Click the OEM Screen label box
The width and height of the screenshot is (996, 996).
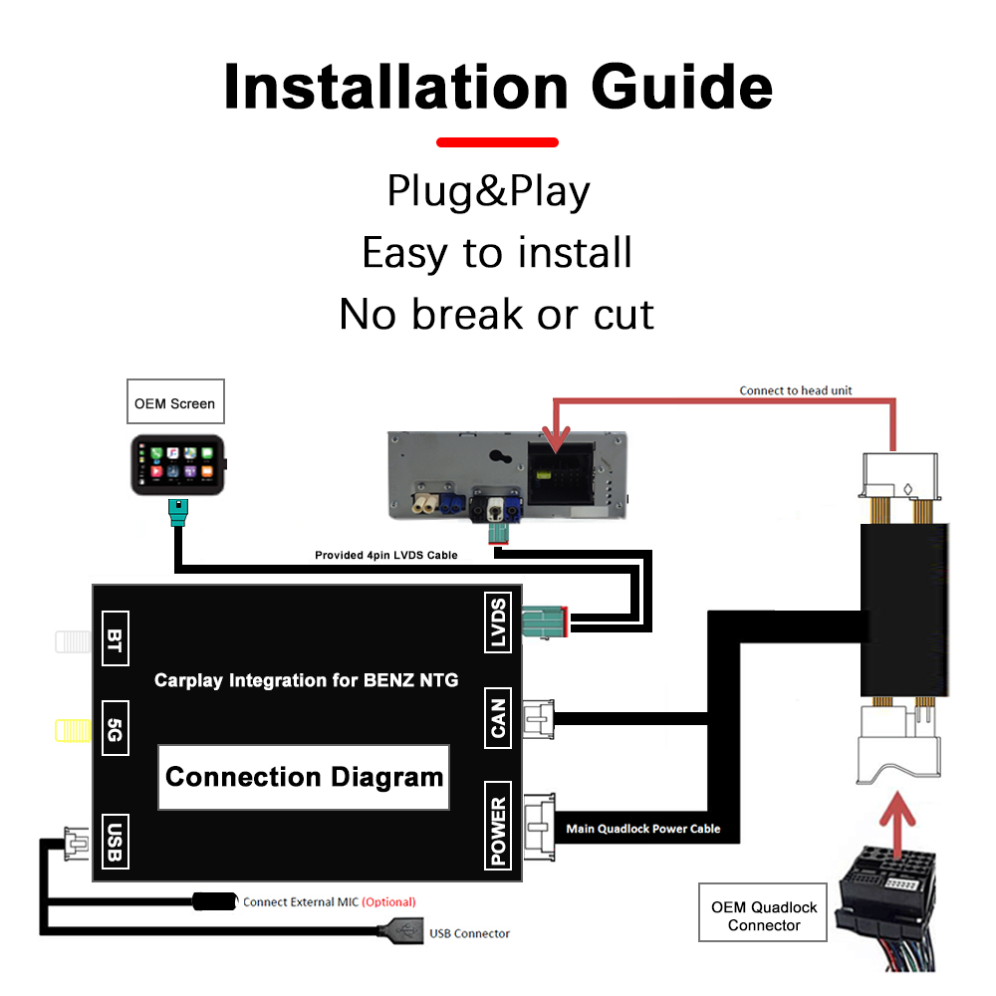tap(174, 403)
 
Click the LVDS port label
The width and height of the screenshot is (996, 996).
tap(498, 623)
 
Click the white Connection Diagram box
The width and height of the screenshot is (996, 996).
tap(304, 777)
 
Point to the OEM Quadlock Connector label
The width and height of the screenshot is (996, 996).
tap(764, 915)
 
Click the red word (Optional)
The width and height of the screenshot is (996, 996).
tap(388, 902)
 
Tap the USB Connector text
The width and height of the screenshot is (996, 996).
tap(469, 933)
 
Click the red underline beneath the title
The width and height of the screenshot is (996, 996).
tap(497, 142)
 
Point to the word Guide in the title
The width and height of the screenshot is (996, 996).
tap(682, 88)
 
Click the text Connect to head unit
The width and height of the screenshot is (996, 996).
tap(795, 390)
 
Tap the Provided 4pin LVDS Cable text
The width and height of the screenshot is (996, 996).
tap(386, 555)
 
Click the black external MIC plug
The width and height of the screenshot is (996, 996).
tap(213, 901)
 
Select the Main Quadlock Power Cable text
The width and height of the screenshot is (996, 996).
tap(642, 828)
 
